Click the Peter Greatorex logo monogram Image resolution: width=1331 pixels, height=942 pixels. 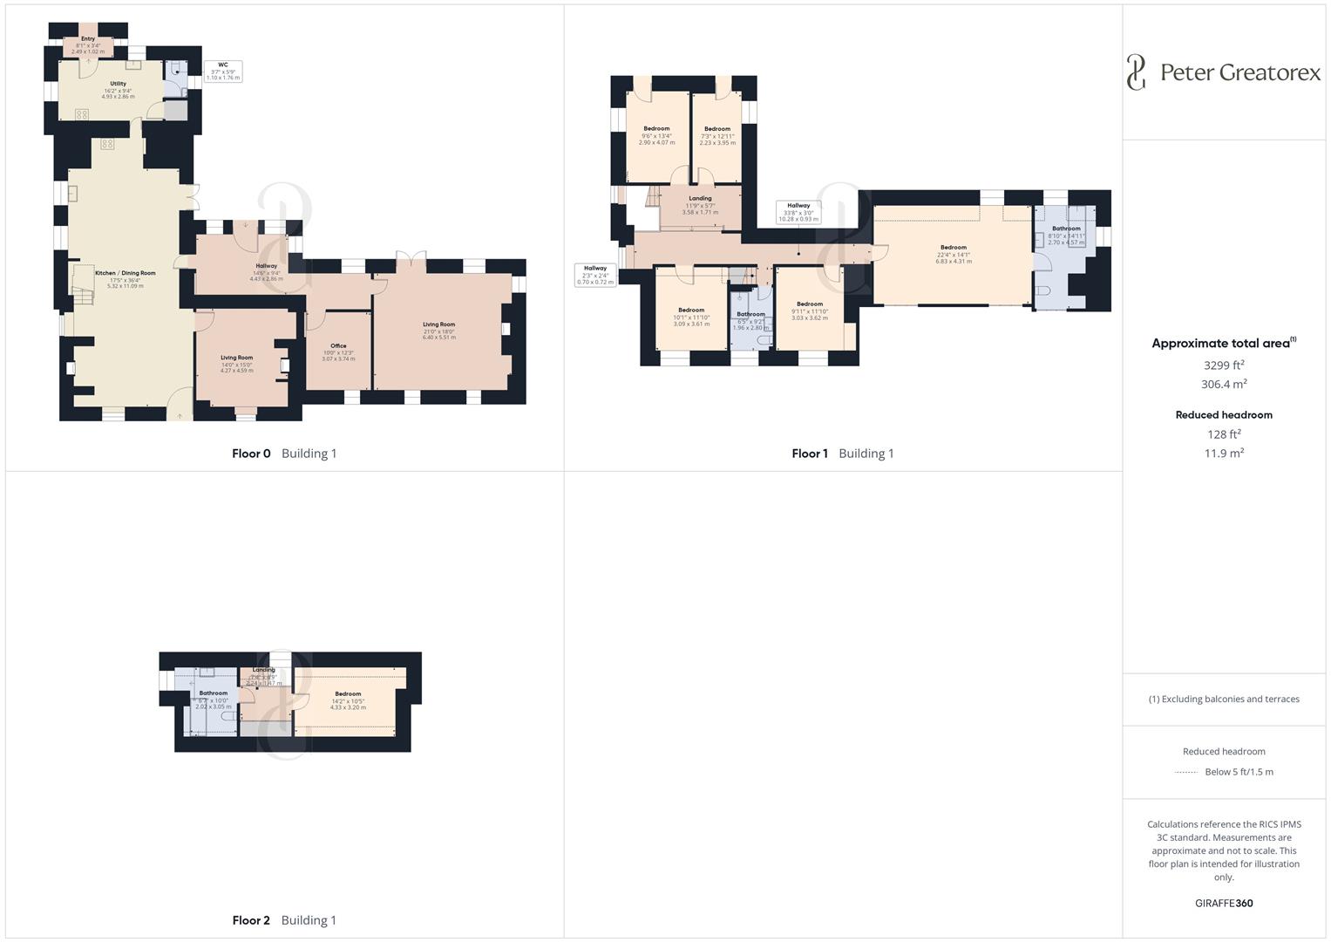(x=1136, y=72)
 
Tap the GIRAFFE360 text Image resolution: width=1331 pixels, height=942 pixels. (x=1224, y=904)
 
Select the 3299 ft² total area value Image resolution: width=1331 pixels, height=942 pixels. (x=1224, y=365)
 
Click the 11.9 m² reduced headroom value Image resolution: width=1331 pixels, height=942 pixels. (x=1224, y=454)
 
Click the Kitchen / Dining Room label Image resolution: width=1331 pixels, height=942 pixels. (x=125, y=273)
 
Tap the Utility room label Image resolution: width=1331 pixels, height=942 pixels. (x=118, y=84)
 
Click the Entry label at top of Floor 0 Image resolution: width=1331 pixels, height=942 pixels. (x=88, y=39)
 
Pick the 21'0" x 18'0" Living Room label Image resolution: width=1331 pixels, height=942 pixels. (x=438, y=324)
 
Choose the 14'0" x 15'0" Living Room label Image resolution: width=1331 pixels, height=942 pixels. (x=236, y=358)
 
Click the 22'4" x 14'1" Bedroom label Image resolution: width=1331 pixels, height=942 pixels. (x=953, y=248)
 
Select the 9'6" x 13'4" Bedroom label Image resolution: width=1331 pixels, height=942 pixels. (x=656, y=129)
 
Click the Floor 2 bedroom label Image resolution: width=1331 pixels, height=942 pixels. (x=348, y=694)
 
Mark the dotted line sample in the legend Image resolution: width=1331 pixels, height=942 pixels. (x=1186, y=772)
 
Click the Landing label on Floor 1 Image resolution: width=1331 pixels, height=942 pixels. (x=700, y=199)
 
